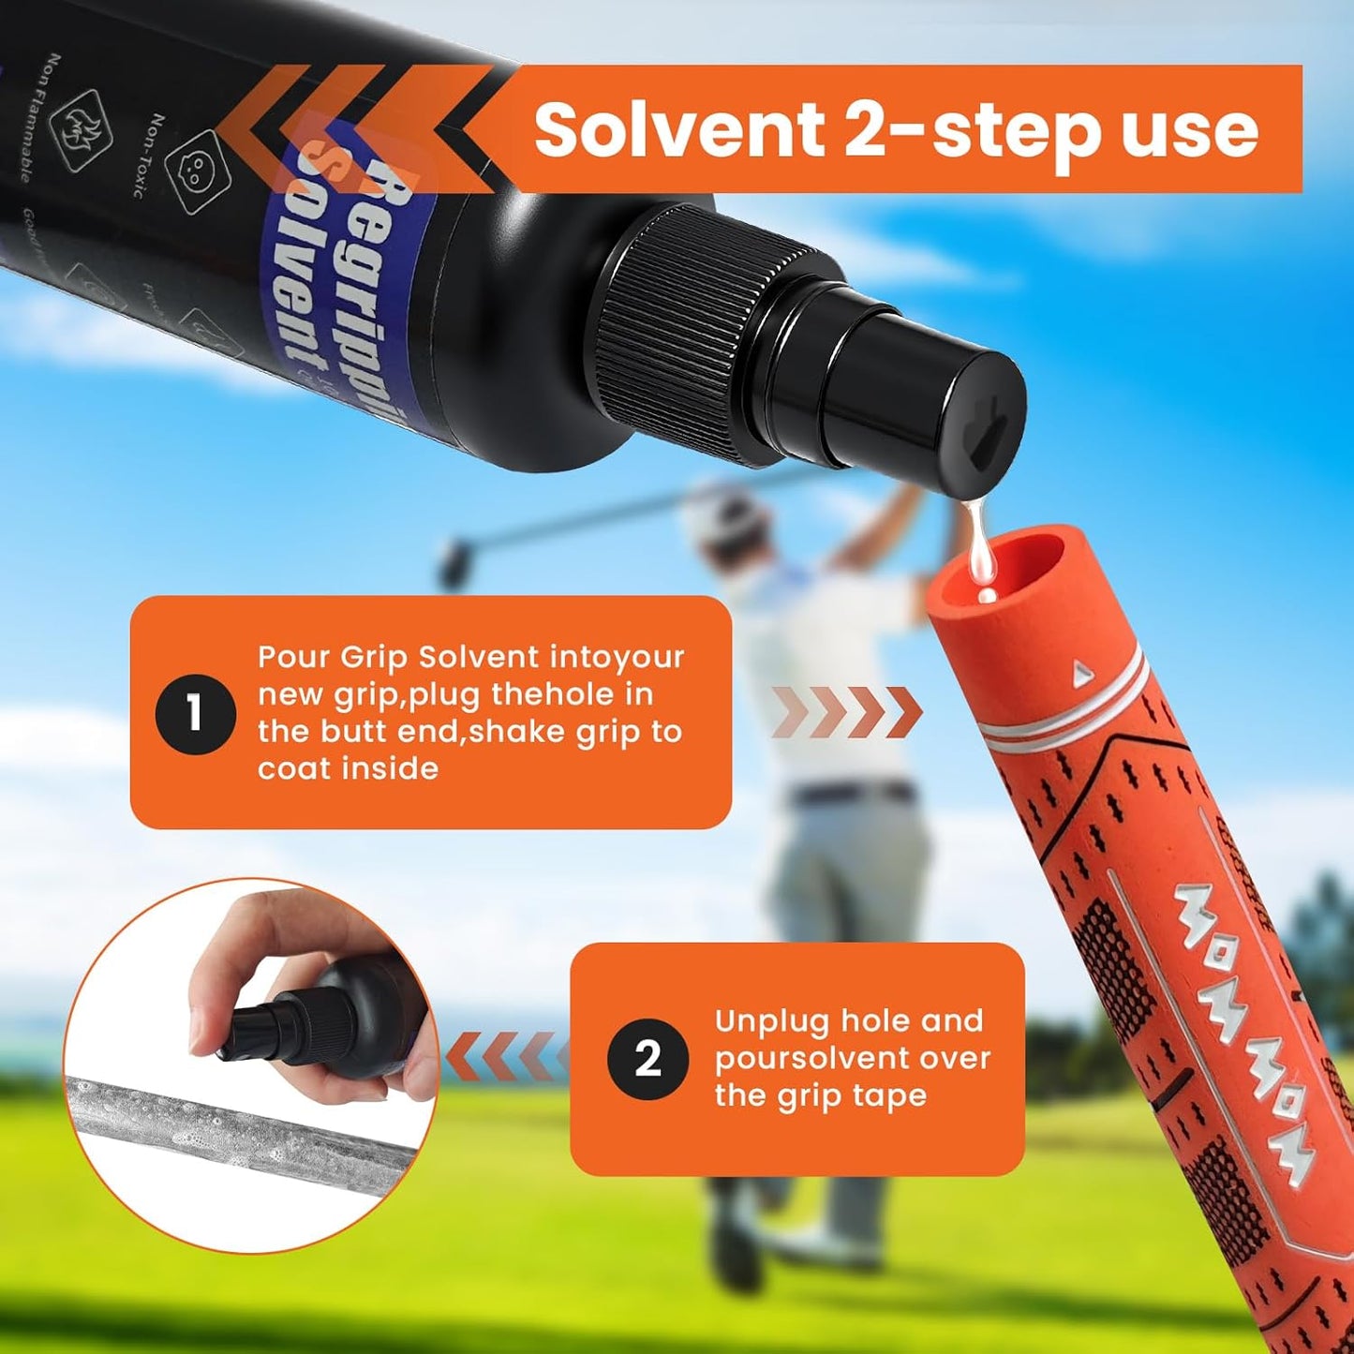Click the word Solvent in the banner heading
(x=678, y=131)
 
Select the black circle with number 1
(x=195, y=714)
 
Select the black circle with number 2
(x=647, y=1059)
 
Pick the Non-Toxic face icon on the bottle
(x=193, y=166)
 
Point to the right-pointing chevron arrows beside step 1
(x=848, y=712)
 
